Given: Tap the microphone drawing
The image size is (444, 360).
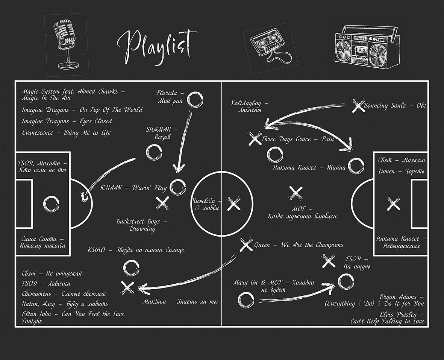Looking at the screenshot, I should pyautogui.click(x=65, y=44).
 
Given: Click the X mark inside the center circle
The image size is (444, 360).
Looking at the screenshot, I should pyautogui.click(x=234, y=204).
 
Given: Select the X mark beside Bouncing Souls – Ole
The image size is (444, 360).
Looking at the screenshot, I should pyautogui.click(x=357, y=106).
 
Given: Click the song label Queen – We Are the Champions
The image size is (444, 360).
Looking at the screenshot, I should pyautogui.click(x=299, y=245).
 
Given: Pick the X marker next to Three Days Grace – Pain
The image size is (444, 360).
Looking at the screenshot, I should pyautogui.click(x=255, y=138).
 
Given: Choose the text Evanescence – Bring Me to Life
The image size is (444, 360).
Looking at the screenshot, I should pyautogui.click(x=66, y=133).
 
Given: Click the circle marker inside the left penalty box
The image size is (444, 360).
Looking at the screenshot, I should pyautogui.click(x=52, y=204).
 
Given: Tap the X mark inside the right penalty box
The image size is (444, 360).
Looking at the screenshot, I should pyautogui.click(x=393, y=204).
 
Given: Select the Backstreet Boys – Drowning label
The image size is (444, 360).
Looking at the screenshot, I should pyautogui.click(x=142, y=225).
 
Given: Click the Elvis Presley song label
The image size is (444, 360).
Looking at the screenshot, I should pyautogui.click(x=388, y=318).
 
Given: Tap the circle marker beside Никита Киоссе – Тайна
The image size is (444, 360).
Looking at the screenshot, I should pyautogui.click(x=356, y=166).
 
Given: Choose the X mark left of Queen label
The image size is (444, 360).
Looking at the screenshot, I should pyautogui.click(x=246, y=245).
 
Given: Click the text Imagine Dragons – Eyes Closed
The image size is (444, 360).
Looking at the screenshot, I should pyautogui.click(x=67, y=122).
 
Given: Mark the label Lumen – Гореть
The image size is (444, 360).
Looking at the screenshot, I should pyautogui.click(x=401, y=172).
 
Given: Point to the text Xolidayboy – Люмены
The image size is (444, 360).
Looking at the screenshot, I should pyautogui.click(x=250, y=106).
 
